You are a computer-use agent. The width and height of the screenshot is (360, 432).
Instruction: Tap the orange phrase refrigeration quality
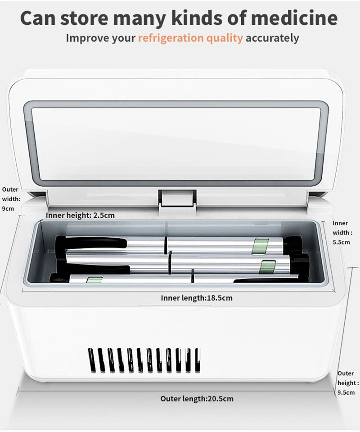tap(190, 38)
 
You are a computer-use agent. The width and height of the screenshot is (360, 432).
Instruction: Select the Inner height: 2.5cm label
tap(80, 215)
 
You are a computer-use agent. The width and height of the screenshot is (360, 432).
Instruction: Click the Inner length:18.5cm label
tap(197, 297)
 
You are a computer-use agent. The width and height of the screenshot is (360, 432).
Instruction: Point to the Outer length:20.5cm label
tap(197, 398)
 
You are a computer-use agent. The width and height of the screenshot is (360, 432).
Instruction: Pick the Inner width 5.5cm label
tap(341, 232)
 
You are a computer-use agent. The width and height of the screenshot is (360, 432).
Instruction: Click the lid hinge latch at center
tap(177, 198)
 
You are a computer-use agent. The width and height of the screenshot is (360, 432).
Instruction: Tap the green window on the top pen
tap(260, 246)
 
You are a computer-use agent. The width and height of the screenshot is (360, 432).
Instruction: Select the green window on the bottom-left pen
tap(94, 280)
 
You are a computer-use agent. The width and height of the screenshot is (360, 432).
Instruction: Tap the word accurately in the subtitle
tap(272, 38)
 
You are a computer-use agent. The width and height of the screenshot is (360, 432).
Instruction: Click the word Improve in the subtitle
tap(88, 38)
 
